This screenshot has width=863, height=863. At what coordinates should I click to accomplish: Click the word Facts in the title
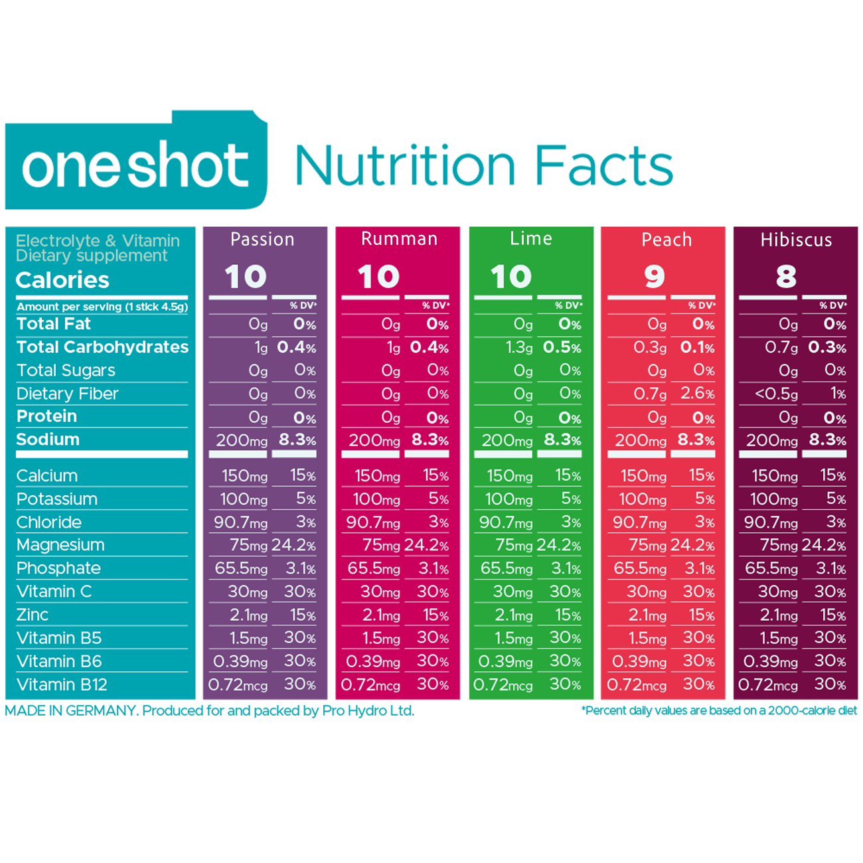click(603, 165)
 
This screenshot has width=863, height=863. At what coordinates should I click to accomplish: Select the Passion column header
click(262, 239)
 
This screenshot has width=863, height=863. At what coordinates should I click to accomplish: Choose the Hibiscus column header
click(796, 240)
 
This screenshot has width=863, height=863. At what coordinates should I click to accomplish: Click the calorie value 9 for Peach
click(654, 276)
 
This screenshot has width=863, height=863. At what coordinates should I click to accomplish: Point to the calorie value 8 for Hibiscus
click(786, 276)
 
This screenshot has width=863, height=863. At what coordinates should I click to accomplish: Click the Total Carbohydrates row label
click(102, 347)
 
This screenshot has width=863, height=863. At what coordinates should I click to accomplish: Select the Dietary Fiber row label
click(67, 394)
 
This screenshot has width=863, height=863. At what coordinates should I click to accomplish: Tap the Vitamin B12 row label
click(62, 684)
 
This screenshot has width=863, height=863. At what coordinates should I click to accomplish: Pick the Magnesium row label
click(60, 545)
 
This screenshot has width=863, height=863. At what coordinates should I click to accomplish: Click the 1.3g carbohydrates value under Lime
click(519, 347)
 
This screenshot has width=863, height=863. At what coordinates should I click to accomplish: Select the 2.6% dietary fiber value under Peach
click(697, 394)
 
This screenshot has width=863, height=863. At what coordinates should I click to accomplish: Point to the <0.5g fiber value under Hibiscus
click(776, 394)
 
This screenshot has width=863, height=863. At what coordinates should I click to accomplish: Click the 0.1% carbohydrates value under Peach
click(697, 347)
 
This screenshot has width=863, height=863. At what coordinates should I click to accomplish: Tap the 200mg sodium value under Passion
click(242, 440)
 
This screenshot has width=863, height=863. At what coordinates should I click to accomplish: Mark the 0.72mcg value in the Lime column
click(503, 684)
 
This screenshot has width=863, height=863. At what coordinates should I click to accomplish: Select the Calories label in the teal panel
click(62, 280)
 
